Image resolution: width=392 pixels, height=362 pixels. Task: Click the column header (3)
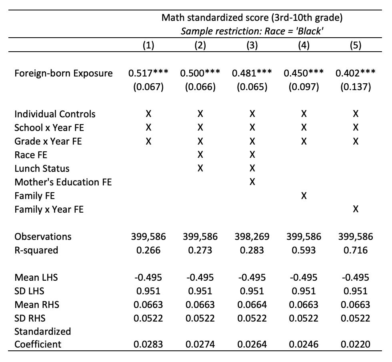click(252, 45)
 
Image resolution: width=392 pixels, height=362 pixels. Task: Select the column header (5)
click(355, 45)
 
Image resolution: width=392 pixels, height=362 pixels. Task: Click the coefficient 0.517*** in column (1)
click(148, 73)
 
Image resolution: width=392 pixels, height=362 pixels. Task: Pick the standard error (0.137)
click(355, 87)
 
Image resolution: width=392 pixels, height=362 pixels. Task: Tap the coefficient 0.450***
click(304, 73)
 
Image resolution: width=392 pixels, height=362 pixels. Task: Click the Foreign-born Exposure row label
click(63, 73)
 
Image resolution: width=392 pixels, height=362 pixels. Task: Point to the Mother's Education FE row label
click(63, 182)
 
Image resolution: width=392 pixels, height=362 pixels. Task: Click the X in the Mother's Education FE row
click(252, 182)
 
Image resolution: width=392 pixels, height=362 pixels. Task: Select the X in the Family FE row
click(304, 196)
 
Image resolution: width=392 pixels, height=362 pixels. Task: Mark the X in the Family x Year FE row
click(355, 209)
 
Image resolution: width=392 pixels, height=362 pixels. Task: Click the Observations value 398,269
click(252, 237)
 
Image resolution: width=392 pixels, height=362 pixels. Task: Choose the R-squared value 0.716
click(355, 250)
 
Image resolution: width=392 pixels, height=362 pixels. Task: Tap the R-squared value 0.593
click(304, 250)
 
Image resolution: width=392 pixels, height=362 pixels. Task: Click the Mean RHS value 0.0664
click(252, 305)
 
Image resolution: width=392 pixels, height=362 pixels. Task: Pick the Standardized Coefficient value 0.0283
click(148, 344)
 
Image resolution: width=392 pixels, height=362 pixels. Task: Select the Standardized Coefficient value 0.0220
click(355, 344)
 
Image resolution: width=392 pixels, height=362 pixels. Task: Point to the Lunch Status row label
click(42, 169)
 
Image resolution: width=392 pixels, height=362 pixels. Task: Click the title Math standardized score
click(252, 18)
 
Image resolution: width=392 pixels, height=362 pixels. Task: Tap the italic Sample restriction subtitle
click(252, 31)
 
